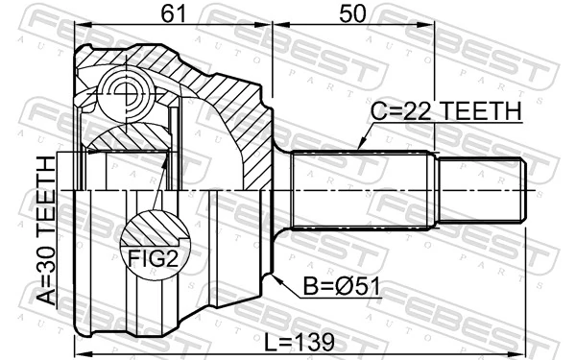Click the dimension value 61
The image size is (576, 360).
tap(173, 15)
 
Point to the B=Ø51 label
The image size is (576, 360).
tap(334, 285)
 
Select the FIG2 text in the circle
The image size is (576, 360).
tap(153, 256)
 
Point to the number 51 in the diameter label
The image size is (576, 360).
tap(357, 285)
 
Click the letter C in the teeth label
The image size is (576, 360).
tap(377, 113)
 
